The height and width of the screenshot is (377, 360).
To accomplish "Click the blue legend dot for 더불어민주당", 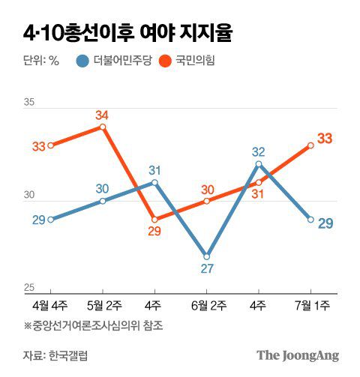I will tap(82, 61).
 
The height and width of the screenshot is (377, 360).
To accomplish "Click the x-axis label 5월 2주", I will tap(103, 306).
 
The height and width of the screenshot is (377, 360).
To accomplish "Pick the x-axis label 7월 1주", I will tap(311, 306).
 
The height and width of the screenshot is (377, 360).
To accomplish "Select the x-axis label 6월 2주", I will tap(207, 306).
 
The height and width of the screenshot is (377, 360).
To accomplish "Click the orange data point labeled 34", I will tap(103, 127).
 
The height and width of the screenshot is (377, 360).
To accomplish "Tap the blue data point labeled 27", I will tap(207, 256).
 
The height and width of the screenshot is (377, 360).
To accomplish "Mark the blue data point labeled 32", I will tap(259, 163).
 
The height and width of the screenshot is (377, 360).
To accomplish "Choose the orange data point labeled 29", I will tap(154, 220).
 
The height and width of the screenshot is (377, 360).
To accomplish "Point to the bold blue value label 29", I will tap(325, 223).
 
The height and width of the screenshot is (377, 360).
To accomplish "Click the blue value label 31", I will tap(155, 170).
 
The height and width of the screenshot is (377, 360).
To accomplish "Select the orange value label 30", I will tap(208, 190).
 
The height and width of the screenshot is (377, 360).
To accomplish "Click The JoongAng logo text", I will tap(298, 355).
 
